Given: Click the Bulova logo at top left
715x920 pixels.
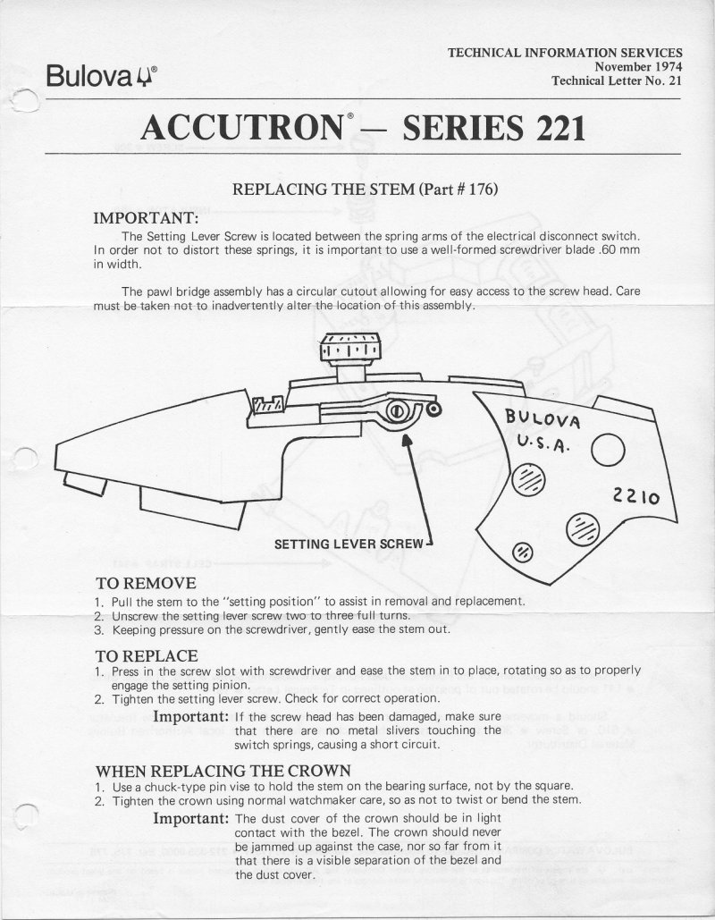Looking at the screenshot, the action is [102, 76].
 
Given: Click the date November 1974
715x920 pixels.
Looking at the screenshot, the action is [638, 67].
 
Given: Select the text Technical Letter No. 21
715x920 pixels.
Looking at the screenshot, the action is [617, 81].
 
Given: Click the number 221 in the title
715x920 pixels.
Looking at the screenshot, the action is [552, 128].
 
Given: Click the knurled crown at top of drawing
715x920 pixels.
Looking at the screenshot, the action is [350, 348].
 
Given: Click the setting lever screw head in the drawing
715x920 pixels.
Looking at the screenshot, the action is [395, 410].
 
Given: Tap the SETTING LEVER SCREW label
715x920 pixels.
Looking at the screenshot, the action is [349, 544].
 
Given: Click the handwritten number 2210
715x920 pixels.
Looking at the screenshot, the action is [635, 496].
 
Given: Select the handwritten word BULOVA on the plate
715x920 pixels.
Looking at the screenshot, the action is [543, 419].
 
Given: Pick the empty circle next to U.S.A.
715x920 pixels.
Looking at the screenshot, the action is [608, 450].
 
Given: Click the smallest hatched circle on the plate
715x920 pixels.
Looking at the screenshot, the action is [523, 553].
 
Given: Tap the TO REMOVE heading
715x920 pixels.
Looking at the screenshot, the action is [146, 583].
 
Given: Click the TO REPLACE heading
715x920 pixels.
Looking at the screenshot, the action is [147, 655].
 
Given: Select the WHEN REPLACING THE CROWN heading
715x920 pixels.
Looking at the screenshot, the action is [223, 771].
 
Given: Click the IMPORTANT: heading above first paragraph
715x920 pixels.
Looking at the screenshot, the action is [146, 218].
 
